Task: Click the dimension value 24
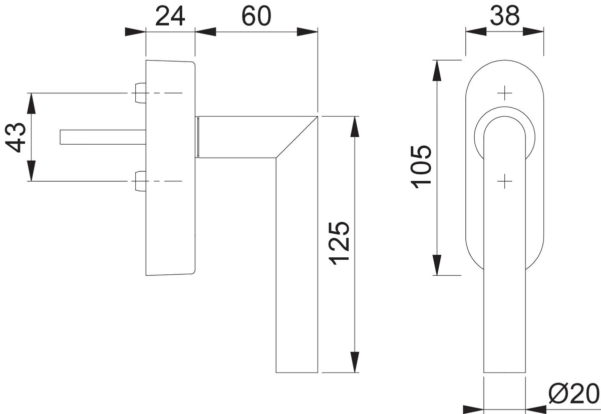[170, 17]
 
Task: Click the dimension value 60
[256, 17]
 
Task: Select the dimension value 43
[16, 138]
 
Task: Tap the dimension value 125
[339, 243]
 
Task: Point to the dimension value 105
[421, 167]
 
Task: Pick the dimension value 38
[505, 16]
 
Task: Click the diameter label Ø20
[573, 394]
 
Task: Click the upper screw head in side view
[140, 93]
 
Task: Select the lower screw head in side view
[140, 181]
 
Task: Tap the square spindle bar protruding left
[103, 137]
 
